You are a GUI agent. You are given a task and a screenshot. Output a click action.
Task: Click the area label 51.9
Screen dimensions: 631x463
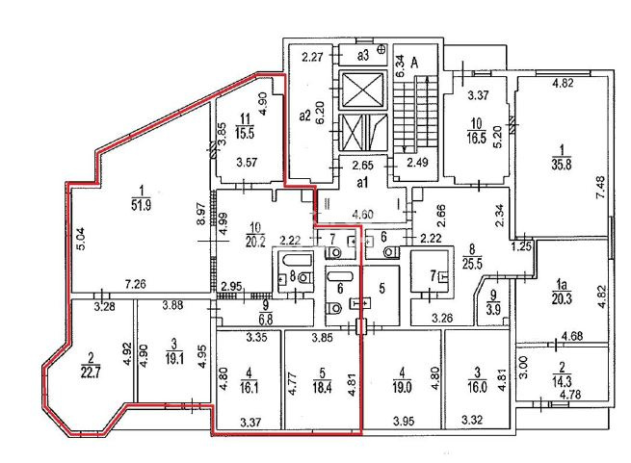tap(142, 206)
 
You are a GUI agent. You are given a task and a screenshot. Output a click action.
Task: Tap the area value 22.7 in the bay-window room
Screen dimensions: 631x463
tap(91, 373)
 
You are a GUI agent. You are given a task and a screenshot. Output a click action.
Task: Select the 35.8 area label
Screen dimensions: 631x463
tap(562, 165)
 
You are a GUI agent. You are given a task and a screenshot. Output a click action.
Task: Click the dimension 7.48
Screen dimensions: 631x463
tap(601, 188)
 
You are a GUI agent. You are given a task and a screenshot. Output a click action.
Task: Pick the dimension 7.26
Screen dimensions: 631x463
tap(135, 284)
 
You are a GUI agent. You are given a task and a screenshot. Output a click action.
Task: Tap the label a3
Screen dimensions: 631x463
tap(363, 55)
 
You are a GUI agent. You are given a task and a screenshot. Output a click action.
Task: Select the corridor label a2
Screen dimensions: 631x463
tap(305, 116)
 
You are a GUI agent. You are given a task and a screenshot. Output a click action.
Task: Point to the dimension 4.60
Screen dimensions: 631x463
tap(362, 214)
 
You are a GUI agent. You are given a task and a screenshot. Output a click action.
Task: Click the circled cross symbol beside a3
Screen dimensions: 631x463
tap(381, 49)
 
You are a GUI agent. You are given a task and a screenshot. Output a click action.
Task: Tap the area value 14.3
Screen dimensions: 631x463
tap(562, 380)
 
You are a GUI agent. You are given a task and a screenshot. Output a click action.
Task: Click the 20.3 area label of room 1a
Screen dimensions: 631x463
tap(562, 298)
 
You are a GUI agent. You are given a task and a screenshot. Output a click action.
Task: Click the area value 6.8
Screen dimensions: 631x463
tap(266, 319)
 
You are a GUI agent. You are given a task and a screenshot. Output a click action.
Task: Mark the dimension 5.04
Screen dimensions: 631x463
tap(81, 239)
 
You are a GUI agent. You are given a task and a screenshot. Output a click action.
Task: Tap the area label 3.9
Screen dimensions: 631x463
tap(493, 310)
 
